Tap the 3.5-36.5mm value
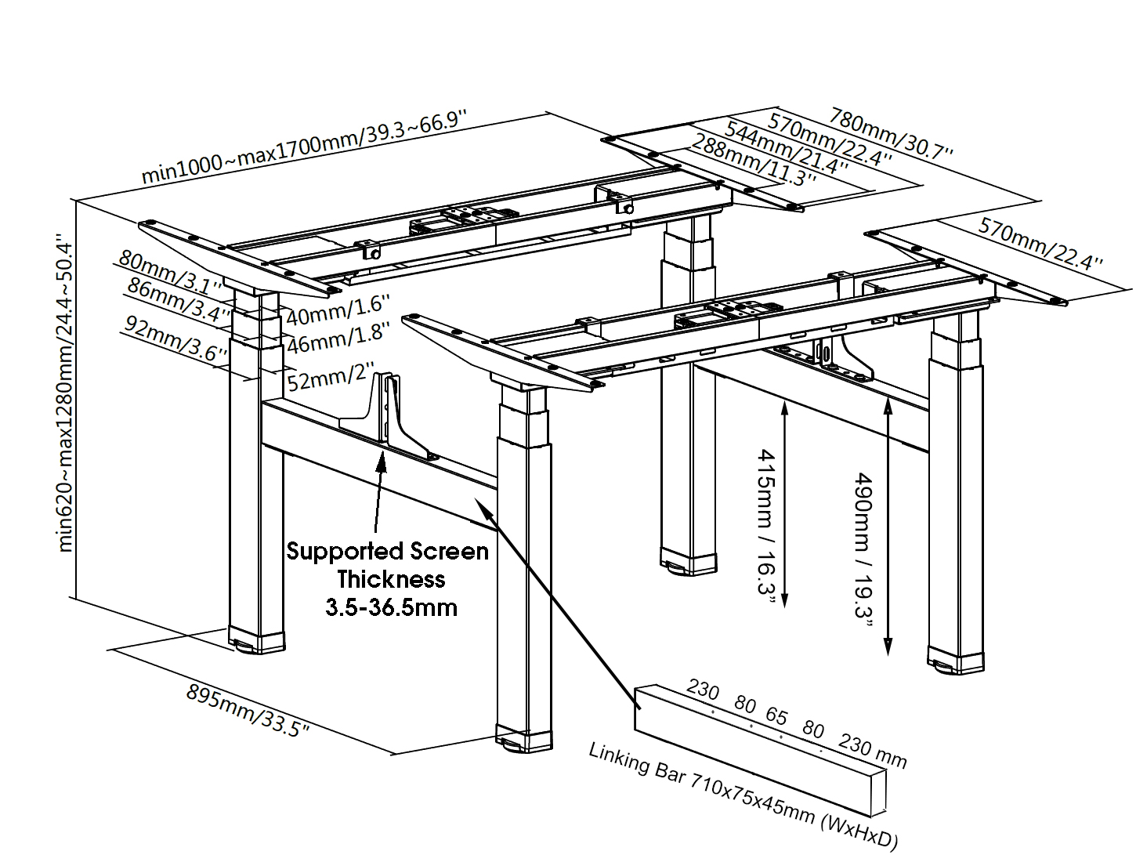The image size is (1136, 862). pyautogui.click(x=391, y=607)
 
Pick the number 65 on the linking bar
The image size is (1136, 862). pyautogui.click(x=776, y=715)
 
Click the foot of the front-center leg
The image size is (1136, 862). pyautogui.click(x=523, y=741)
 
